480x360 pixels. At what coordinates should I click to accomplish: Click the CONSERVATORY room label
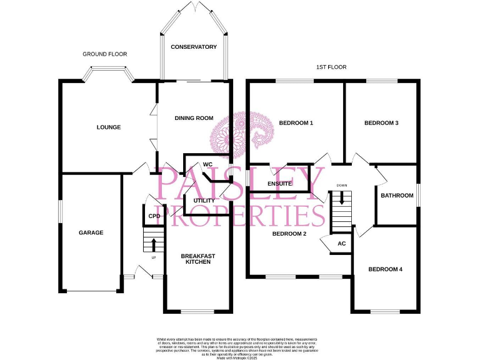(x=194, y=47)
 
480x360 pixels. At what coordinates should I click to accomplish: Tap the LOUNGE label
(x=109, y=127)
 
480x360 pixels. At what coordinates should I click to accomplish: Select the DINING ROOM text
(x=194, y=118)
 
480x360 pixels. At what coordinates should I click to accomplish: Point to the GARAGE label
(x=91, y=232)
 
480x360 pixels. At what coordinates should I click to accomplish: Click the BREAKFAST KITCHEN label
(x=198, y=259)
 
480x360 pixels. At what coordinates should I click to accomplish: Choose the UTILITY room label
(x=204, y=201)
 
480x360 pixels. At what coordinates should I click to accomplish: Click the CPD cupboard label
(x=154, y=216)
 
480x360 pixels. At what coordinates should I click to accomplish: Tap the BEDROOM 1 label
(x=296, y=123)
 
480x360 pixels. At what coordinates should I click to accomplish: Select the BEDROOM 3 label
(x=381, y=123)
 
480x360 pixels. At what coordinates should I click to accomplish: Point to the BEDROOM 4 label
(x=385, y=269)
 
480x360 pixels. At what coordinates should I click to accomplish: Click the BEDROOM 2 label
(x=289, y=234)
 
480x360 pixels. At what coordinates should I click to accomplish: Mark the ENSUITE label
(x=280, y=184)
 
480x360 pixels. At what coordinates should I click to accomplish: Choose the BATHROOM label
(x=397, y=196)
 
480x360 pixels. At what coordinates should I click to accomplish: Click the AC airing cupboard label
(x=341, y=244)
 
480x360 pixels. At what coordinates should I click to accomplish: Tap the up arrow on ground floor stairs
(x=154, y=243)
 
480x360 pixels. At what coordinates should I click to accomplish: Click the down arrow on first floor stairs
(x=341, y=199)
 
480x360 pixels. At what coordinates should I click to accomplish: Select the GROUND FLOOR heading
(x=105, y=54)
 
